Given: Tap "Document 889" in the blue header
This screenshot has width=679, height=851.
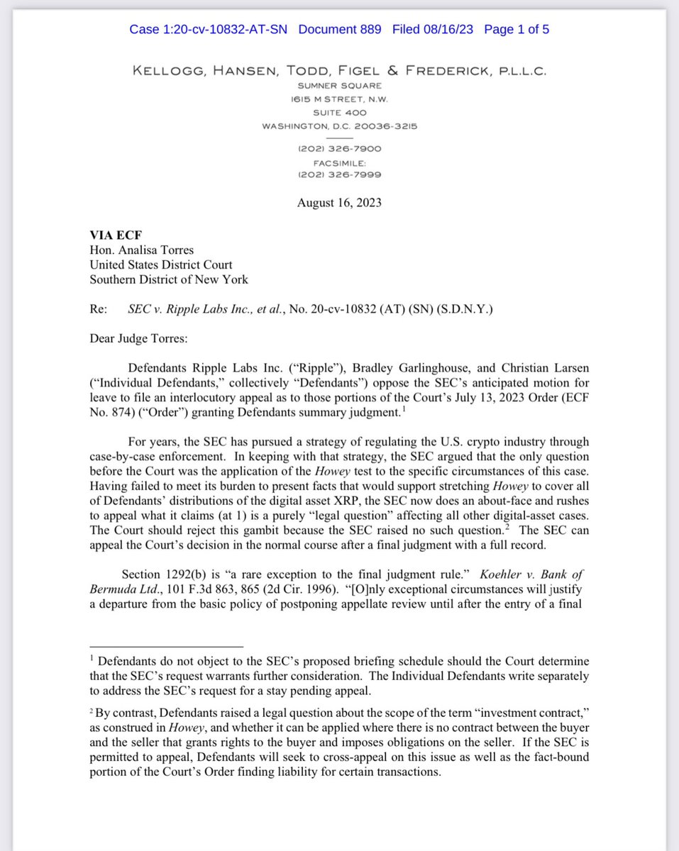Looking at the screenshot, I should pyautogui.click(x=339, y=29).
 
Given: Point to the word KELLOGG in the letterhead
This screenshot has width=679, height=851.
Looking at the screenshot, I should pyautogui.click(x=164, y=70).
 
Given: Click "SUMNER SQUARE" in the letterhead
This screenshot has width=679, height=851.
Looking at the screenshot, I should pyautogui.click(x=339, y=85).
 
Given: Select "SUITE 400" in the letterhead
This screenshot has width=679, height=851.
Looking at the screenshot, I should pyautogui.click(x=339, y=113).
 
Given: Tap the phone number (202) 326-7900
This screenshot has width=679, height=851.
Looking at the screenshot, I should pyautogui.click(x=340, y=149).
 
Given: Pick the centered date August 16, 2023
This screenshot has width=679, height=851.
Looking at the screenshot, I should pyautogui.click(x=339, y=202).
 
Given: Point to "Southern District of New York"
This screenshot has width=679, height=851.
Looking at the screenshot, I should pyautogui.click(x=169, y=279).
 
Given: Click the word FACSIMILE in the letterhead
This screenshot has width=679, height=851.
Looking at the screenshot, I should pyautogui.click(x=339, y=162).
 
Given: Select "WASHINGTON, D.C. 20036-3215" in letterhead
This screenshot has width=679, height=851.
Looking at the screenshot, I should pyautogui.click(x=339, y=126).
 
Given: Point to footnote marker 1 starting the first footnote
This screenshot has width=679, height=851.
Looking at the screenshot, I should pyautogui.click(x=92, y=658).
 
